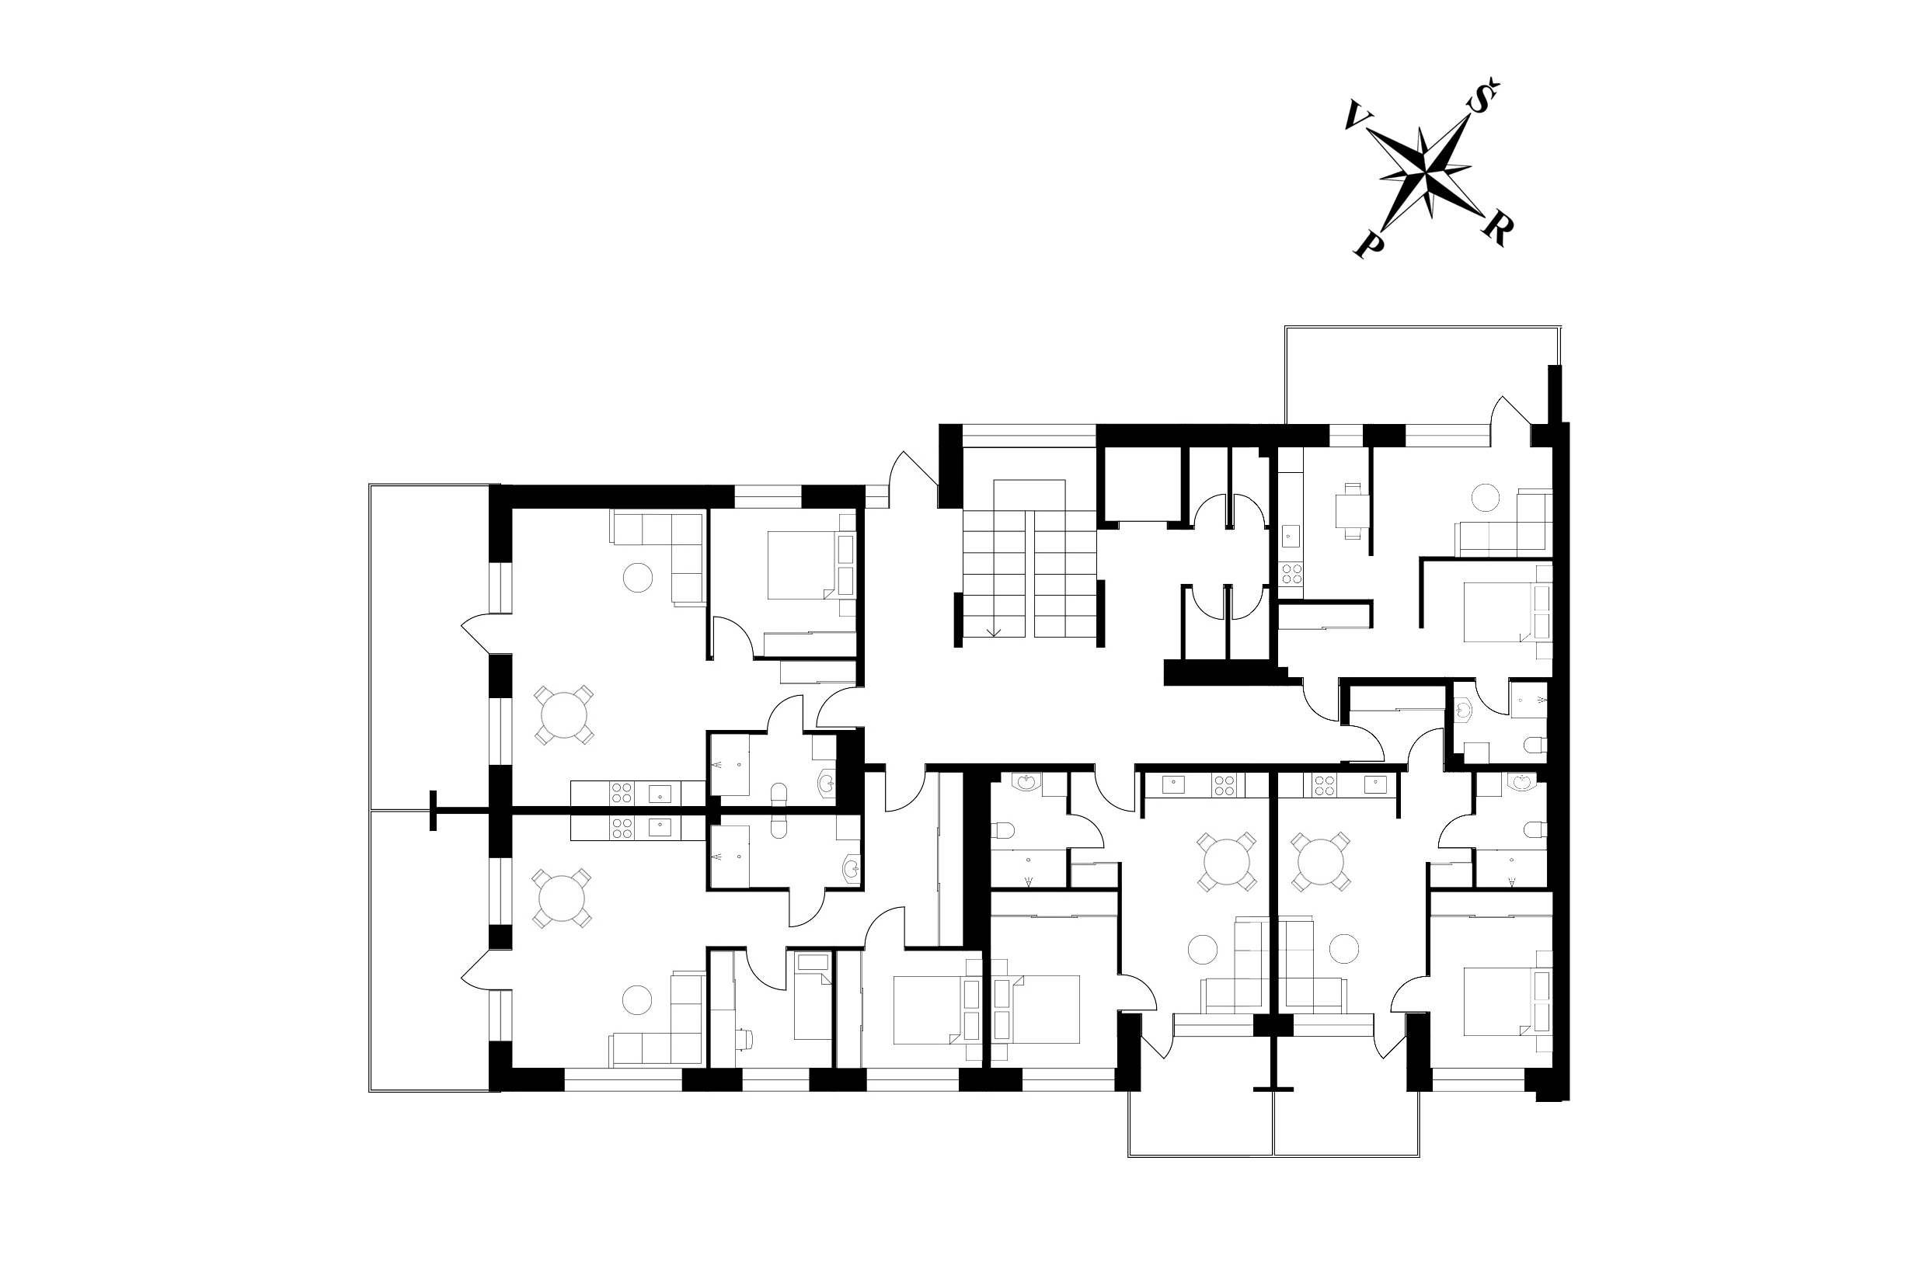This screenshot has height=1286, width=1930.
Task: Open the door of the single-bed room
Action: [766, 968]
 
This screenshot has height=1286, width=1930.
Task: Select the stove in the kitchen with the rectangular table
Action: [1291, 573]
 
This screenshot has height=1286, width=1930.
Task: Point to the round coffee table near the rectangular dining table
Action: [1486, 497]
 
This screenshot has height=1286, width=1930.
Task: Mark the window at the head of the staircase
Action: [1029, 436]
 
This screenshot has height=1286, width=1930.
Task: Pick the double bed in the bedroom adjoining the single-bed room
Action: [926, 1009]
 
